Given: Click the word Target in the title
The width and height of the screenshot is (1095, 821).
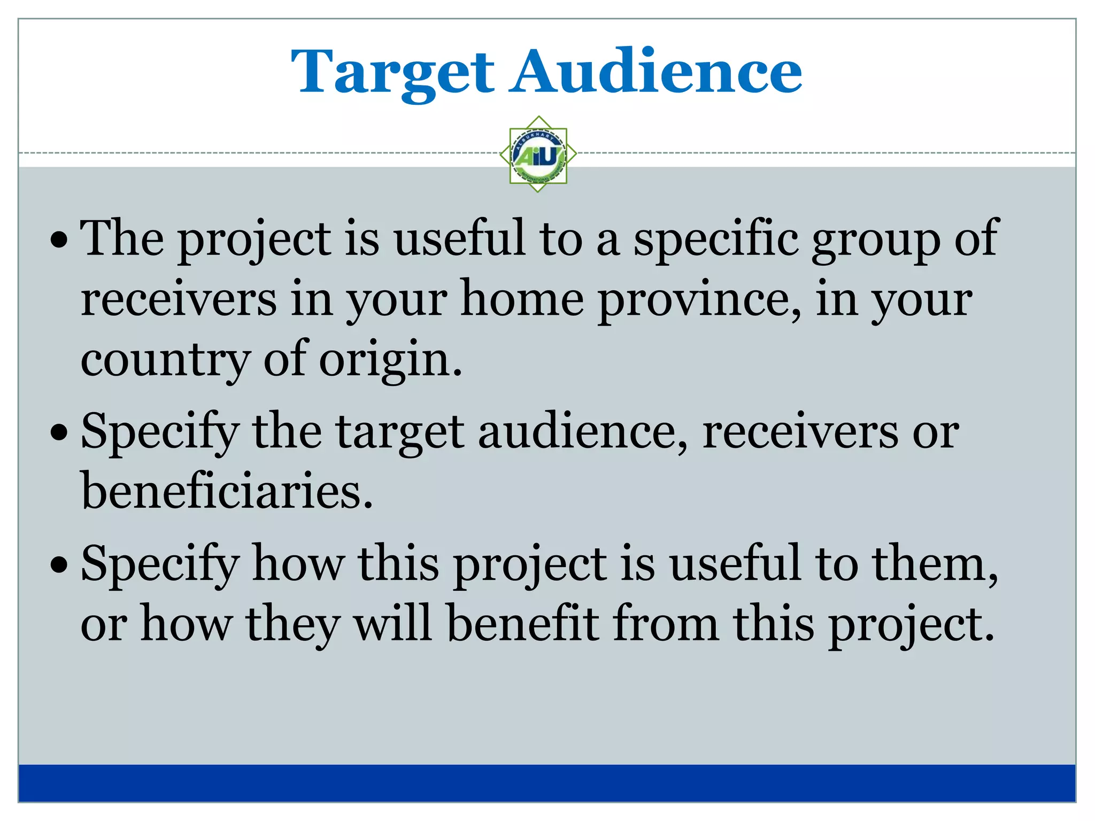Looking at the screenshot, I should click(x=392, y=72).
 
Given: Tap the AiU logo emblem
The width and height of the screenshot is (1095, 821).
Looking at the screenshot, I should click(x=538, y=154).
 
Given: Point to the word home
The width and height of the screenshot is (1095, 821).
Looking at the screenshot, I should click(x=522, y=299).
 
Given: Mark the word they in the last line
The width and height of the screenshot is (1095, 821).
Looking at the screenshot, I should click(x=292, y=624).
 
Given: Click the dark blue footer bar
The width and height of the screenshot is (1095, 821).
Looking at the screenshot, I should click(x=546, y=783).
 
